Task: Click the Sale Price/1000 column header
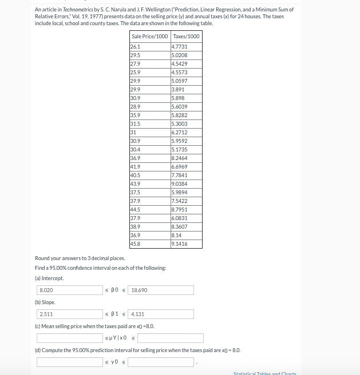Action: point(149,36)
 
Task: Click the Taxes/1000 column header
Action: point(186,36)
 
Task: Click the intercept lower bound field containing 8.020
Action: point(70,290)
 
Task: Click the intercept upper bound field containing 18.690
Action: point(161,290)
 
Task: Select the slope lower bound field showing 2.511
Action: point(70,314)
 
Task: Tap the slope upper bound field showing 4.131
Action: point(161,314)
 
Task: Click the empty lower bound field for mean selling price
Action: point(70,338)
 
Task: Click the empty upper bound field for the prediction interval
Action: point(161,362)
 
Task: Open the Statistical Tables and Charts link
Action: point(264,373)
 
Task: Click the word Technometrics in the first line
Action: point(78,10)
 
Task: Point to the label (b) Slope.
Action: point(45,302)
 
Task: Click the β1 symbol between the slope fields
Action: point(114,314)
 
